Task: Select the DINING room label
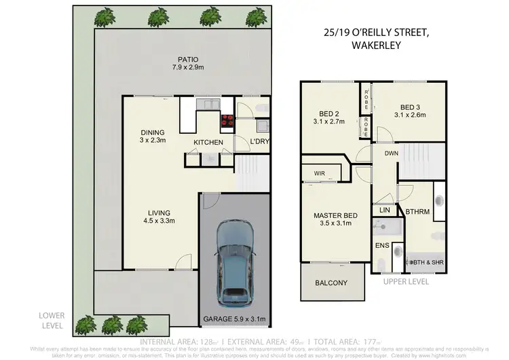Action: [x=153, y=132]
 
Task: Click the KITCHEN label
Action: [x=208, y=142]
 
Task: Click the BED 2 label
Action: [x=331, y=113]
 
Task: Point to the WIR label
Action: [x=320, y=174]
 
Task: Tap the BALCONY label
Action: [x=331, y=283]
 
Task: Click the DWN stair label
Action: [x=391, y=154]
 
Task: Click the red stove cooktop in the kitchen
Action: [x=226, y=122]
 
